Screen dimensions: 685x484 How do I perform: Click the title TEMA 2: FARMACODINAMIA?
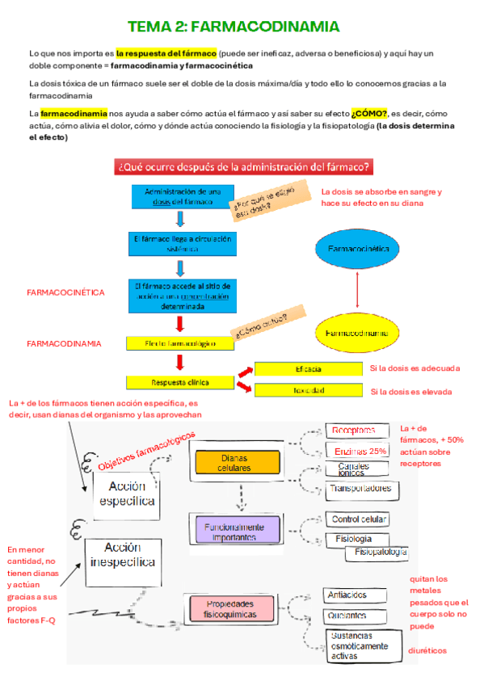(234, 27)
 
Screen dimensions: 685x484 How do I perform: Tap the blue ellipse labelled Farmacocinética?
(356, 250)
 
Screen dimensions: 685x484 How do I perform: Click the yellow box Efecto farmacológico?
(180, 343)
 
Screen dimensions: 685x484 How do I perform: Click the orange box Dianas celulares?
(234, 463)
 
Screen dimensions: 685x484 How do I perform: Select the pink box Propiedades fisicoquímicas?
(229, 609)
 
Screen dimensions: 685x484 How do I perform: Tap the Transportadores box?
(360, 489)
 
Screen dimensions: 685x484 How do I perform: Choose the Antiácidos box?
(347, 595)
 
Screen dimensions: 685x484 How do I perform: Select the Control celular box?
(360, 519)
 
